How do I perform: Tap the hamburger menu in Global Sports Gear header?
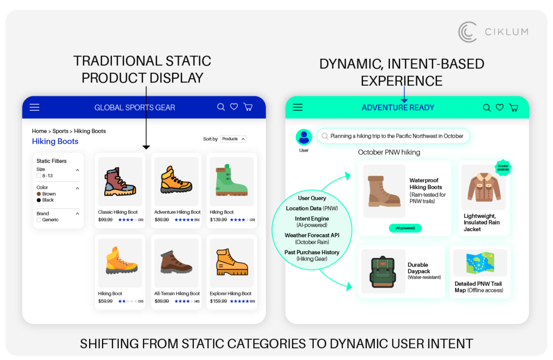(x=35, y=107)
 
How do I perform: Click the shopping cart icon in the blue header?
(x=248, y=107)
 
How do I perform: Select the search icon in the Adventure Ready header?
(x=487, y=108)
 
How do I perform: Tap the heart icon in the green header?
(x=500, y=107)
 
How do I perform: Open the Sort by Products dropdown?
(x=233, y=139)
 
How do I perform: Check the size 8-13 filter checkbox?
(x=39, y=176)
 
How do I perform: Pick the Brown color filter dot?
(x=39, y=194)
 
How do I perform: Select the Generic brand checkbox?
(x=39, y=220)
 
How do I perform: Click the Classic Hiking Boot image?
(x=120, y=181)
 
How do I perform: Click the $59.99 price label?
(x=105, y=301)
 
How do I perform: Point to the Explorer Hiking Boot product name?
(x=231, y=294)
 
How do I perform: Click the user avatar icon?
(x=304, y=137)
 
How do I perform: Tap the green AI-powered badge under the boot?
(x=405, y=228)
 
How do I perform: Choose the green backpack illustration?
(x=383, y=271)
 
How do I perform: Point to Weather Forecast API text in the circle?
(x=312, y=235)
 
